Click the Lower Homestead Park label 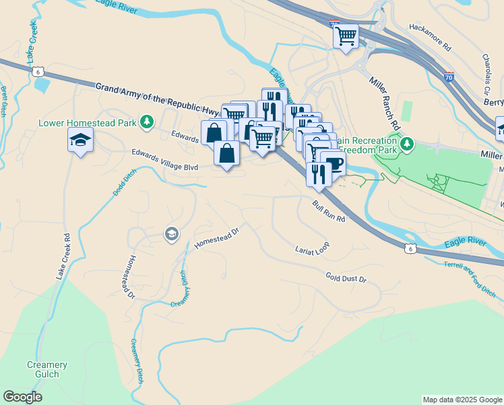coord(88,123)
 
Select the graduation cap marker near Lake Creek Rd coord(80,140)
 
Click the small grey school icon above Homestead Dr coord(171,234)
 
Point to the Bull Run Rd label coord(328,211)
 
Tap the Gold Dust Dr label coord(345,277)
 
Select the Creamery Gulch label coord(47,369)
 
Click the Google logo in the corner coord(22,397)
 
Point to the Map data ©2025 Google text coord(462,400)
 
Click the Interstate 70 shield coord(449,77)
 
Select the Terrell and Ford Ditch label coord(470,279)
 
